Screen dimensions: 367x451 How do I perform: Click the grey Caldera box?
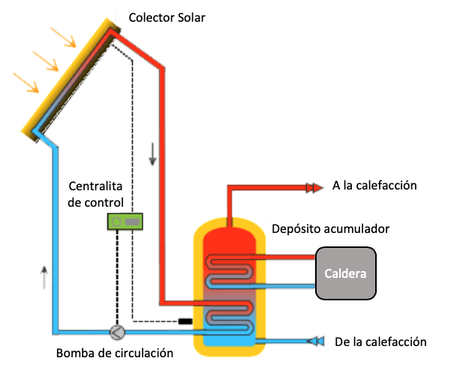[345, 273]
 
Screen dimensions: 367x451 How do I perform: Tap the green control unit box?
[126, 222]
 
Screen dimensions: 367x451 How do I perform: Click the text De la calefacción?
[380, 342]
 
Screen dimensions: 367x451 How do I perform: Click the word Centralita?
[95, 186]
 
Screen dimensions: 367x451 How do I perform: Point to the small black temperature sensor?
[185, 322]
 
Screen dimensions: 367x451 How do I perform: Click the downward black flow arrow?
[153, 154]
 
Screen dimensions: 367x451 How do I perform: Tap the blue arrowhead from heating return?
[316, 342]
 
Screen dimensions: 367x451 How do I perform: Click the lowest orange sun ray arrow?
[25, 82]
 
